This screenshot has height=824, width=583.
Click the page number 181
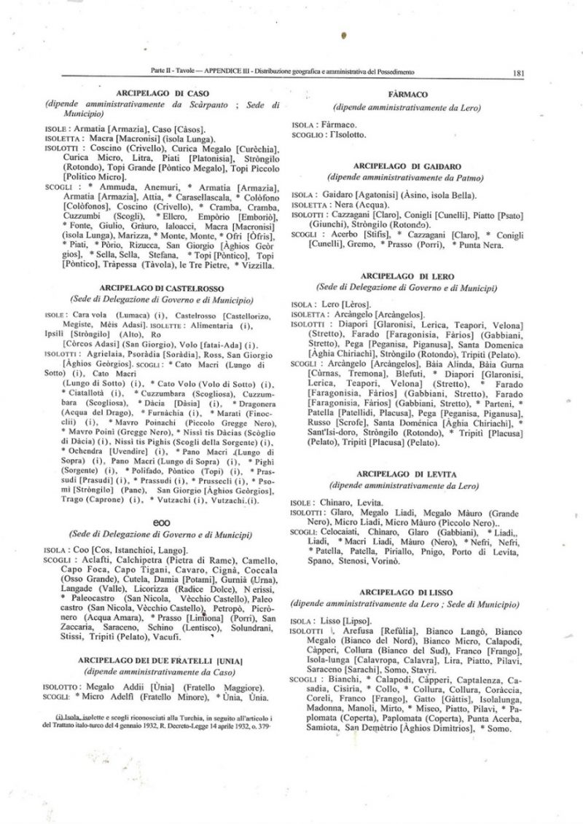[x=520, y=73]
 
